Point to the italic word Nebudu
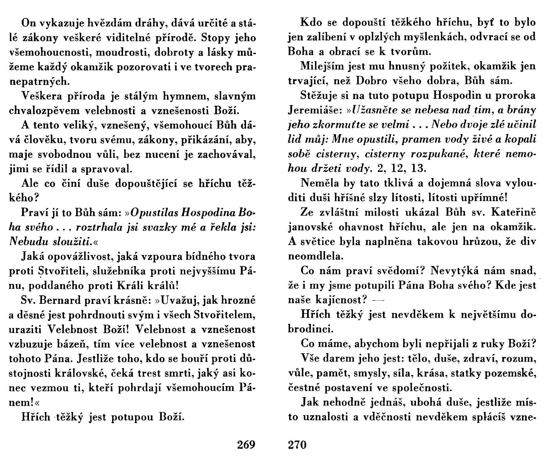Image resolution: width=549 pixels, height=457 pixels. pos(25,242)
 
